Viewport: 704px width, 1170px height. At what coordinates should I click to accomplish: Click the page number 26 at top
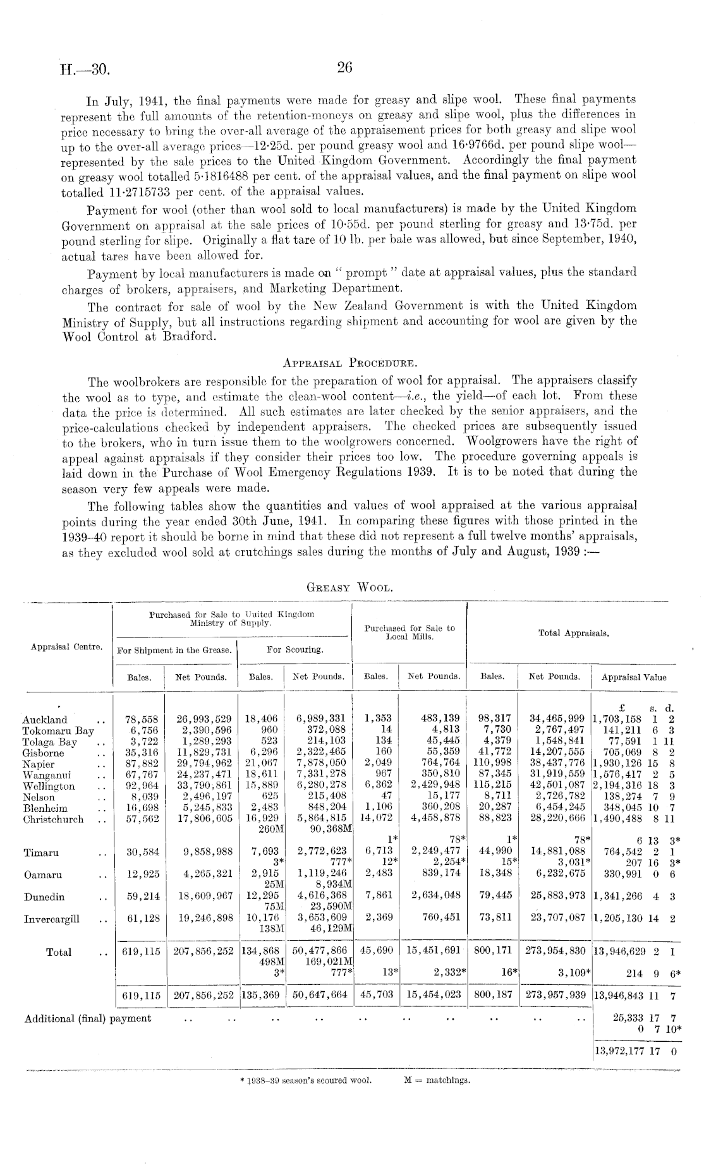point(344,68)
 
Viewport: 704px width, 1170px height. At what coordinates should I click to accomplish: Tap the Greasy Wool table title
point(350,587)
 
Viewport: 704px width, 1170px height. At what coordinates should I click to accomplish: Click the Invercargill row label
point(52,919)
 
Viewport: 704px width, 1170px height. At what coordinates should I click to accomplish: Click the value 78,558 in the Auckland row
point(142,720)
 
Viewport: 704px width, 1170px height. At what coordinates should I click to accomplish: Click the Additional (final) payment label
point(87,1018)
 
